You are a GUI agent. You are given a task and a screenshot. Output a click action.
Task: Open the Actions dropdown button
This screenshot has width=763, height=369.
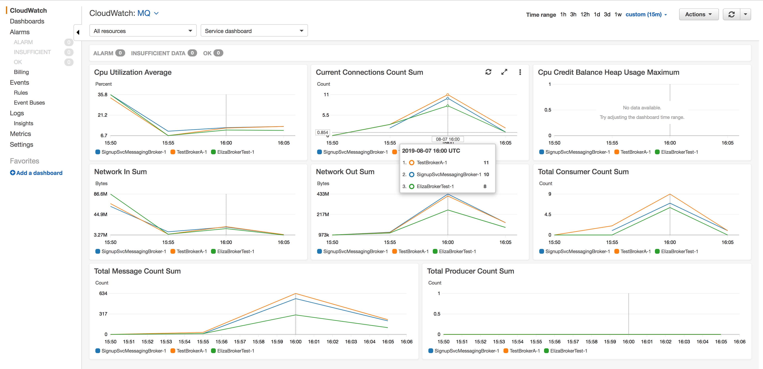tap(698, 14)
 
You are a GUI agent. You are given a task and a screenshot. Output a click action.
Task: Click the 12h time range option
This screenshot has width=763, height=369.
tap(585, 14)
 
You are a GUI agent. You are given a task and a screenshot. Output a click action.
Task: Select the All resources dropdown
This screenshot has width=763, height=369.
tap(143, 31)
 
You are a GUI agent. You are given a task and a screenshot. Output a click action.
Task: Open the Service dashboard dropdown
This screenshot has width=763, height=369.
tap(254, 31)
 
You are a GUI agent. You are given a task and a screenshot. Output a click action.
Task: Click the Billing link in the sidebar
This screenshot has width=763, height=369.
tap(21, 72)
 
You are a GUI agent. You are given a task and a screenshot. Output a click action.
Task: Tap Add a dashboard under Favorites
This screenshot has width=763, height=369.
tap(36, 173)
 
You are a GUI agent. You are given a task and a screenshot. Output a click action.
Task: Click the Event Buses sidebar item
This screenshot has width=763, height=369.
tap(29, 103)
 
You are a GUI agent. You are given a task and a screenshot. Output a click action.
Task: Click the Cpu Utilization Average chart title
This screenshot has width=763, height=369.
tap(133, 72)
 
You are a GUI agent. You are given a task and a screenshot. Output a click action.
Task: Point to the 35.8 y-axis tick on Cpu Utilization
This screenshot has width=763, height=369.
tap(103, 95)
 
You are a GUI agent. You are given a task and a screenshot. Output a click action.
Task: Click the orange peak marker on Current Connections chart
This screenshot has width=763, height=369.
tap(447, 95)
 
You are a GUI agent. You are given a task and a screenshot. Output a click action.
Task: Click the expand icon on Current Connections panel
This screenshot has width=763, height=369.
tap(504, 72)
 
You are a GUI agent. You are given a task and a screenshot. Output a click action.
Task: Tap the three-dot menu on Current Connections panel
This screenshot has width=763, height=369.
tap(520, 72)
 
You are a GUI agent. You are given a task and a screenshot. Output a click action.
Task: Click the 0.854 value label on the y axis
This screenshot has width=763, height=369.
tap(322, 132)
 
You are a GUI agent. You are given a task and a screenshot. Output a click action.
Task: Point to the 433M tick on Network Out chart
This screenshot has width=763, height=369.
tap(323, 194)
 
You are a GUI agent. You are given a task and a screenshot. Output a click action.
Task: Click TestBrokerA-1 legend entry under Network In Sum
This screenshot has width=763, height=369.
tap(191, 251)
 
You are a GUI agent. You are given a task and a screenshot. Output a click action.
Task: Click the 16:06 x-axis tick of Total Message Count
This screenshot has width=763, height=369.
tap(406, 341)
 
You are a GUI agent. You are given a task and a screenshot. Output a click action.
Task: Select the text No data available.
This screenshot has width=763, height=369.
tap(642, 108)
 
